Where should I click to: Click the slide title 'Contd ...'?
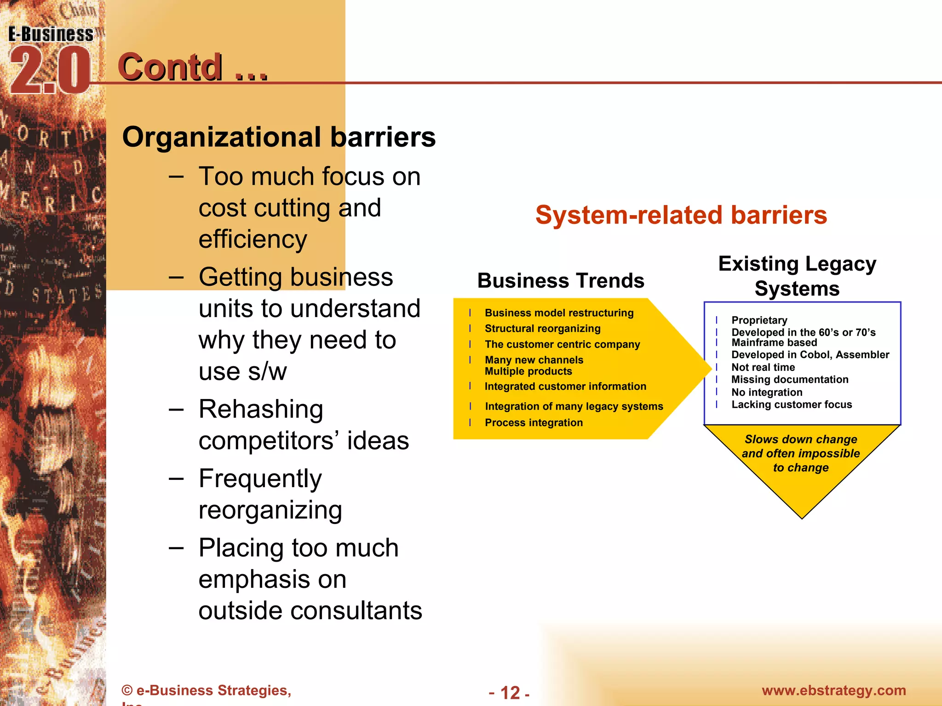192,67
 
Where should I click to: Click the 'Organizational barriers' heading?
279,137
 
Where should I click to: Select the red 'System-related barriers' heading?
681,215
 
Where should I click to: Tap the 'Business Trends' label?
561,280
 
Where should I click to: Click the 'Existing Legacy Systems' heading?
797,276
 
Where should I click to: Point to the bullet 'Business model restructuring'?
559,313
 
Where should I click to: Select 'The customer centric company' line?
562,344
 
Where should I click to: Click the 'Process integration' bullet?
534,422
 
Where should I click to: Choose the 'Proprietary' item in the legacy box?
759,320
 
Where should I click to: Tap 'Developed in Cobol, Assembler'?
810,355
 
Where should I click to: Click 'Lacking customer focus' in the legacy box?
792,404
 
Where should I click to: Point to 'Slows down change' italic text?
801,439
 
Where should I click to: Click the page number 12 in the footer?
510,693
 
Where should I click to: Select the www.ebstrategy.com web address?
833,690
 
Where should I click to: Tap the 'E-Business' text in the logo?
51,34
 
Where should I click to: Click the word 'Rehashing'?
261,409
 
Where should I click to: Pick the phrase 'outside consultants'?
310,610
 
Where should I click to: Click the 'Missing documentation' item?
790,380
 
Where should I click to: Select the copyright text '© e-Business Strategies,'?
207,690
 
